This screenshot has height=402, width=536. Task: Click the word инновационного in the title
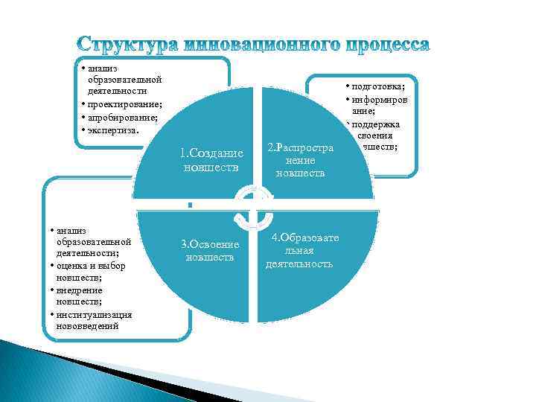coord(269,45)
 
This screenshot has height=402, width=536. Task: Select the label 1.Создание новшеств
coord(211,160)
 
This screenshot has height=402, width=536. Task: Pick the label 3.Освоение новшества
coord(210,250)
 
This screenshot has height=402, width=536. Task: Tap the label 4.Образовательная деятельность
coord(299,250)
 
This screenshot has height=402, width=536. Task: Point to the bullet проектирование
coord(125,104)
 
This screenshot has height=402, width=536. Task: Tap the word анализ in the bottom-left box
coord(70,230)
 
